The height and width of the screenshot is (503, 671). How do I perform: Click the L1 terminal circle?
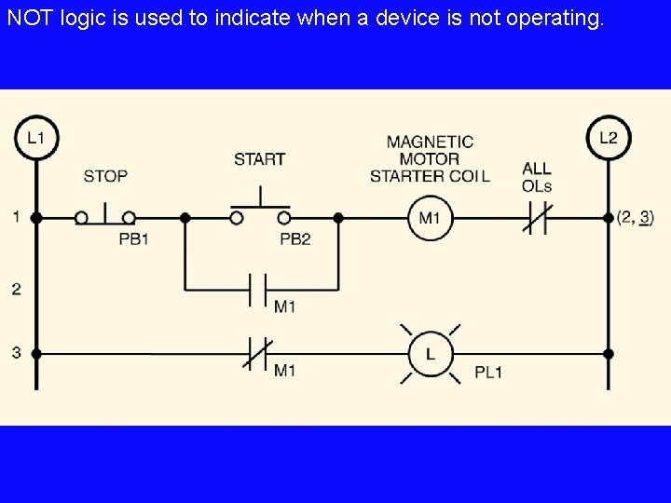click(x=35, y=138)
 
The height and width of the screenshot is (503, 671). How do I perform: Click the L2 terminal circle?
click(x=608, y=138)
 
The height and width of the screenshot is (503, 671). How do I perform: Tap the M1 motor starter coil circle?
click(x=430, y=218)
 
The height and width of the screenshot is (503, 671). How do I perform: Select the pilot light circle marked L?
click(x=430, y=354)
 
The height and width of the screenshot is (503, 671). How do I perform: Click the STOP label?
click(x=105, y=175)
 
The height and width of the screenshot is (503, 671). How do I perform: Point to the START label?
click(x=260, y=159)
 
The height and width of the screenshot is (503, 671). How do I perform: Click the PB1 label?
click(x=134, y=239)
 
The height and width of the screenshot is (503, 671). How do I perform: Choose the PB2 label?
click(x=295, y=239)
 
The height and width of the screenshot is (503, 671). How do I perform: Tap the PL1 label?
click(x=488, y=373)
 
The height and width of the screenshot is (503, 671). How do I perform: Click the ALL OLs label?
click(x=537, y=177)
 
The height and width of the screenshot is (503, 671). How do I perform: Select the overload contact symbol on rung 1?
click(x=537, y=218)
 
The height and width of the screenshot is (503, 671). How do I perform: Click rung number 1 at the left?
click(x=16, y=217)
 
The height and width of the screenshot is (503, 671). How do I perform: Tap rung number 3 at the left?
click(x=16, y=353)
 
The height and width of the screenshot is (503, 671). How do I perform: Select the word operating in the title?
click(x=555, y=19)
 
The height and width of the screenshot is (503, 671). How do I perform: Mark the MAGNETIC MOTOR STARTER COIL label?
click(x=430, y=158)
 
